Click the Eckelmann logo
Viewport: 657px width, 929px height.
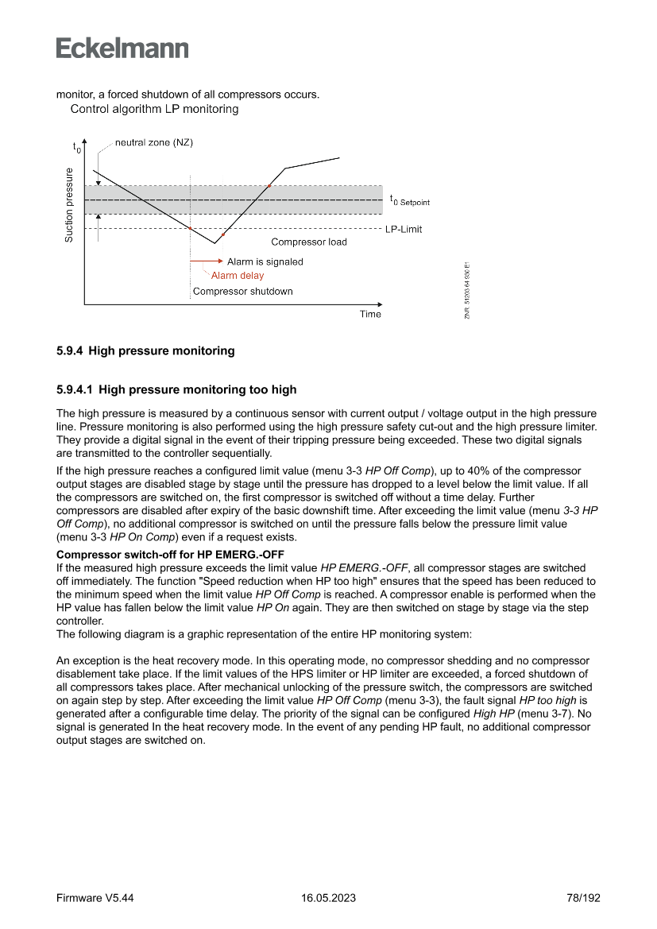click(122, 48)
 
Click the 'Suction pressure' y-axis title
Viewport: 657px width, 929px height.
click(69, 205)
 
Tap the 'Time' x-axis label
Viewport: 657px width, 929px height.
click(370, 314)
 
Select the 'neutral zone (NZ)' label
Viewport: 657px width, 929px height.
click(154, 143)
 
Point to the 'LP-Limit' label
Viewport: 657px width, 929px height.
click(404, 230)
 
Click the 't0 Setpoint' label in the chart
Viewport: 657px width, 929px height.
click(409, 201)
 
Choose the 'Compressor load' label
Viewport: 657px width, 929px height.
click(309, 242)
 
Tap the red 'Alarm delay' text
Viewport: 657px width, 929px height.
click(238, 276)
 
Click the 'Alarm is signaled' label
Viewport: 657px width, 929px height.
click(265, 261)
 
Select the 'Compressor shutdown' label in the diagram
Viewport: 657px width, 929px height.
click(243, 292)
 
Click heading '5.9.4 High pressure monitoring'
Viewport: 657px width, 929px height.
click(145, 350)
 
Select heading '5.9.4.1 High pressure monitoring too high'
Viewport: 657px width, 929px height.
click(176, 389)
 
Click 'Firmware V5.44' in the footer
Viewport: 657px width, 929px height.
click(95, 898)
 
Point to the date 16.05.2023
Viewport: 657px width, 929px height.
click(328, 898)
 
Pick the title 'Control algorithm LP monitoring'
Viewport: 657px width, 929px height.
click(155, 109)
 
